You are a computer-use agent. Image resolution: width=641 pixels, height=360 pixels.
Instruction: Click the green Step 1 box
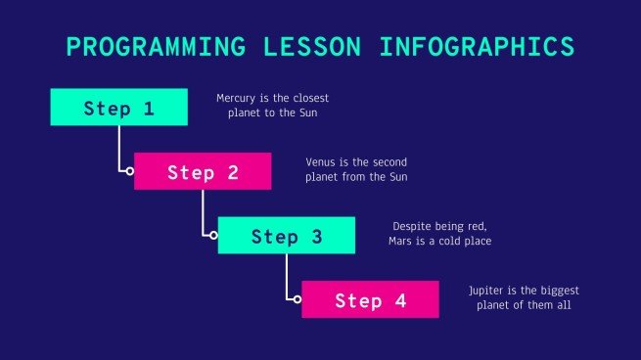coord(118,108)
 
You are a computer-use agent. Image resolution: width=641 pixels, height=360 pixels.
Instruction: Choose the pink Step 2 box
coord(203,172)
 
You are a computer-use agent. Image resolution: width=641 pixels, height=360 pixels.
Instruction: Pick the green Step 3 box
coord(286,236)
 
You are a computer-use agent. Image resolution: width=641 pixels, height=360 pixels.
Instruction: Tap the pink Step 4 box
coord(370,300)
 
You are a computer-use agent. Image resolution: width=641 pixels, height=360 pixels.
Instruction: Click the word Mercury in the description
coord(237,99)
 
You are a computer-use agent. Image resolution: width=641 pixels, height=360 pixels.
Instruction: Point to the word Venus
coord(320,162)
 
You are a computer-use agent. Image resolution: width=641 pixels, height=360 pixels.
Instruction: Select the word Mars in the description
coord(405,241)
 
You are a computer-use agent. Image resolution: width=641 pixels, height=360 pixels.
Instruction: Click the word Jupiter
coord(487,291)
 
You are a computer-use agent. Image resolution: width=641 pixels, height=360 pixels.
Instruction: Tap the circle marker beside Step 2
coord(129,171)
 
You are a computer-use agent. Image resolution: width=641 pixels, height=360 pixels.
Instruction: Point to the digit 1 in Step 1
coord(149,108)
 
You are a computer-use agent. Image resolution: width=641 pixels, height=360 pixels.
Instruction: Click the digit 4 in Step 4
coord(400,300)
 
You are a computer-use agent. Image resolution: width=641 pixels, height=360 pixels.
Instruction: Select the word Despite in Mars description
coord(411,226)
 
